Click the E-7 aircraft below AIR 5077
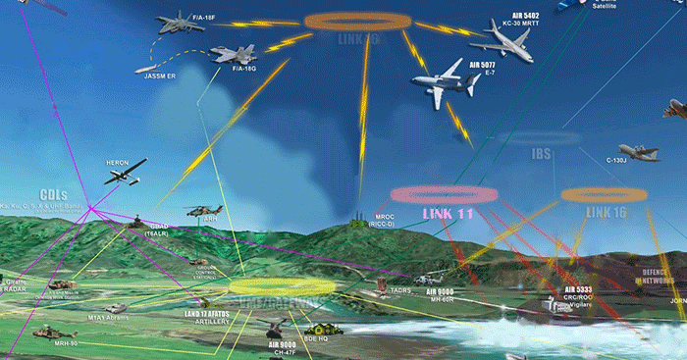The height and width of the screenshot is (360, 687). coord(438,85)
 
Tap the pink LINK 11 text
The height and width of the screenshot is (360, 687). coord(447,213)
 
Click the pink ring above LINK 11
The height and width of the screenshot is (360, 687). coord(441,194)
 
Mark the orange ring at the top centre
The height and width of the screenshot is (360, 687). coord(355,21)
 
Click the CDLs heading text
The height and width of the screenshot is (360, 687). coord(53,194)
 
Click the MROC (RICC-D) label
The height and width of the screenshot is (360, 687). coord(381,220)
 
